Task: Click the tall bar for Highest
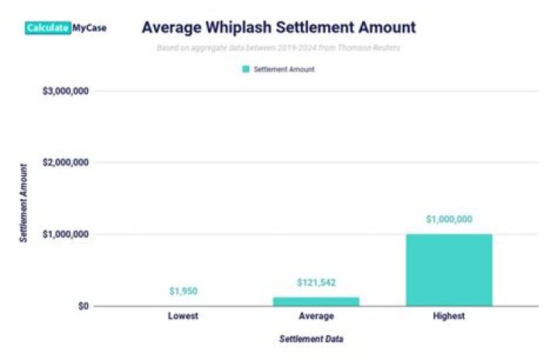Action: pyautogui.click(x=449, y=269)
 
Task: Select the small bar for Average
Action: pyautogui.click(x=316, y=301)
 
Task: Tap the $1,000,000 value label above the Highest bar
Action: pyautogui.click(x=449, y=219)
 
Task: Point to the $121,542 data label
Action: pyautogui.click(x=316, y=283)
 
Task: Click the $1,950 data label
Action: pyautogui.click(x=184, y=292)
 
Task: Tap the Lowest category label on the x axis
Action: pyautogui.click(x=184, y=317)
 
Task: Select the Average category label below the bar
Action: pyautogui.click(x=316, y=317)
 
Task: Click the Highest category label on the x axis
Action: pyautogui.click(x=449, y=317)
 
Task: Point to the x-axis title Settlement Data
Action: pyautogui.click(x=313, y=339)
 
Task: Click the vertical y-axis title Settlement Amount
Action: pyautogui.click(x=24, y=203)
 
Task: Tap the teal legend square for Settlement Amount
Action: pyautogui.click(x=247, y=69)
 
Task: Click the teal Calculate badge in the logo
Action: pyautogui.click(x=47, y=28)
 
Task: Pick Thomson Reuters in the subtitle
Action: pyautogui.click(x=371, y=47)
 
